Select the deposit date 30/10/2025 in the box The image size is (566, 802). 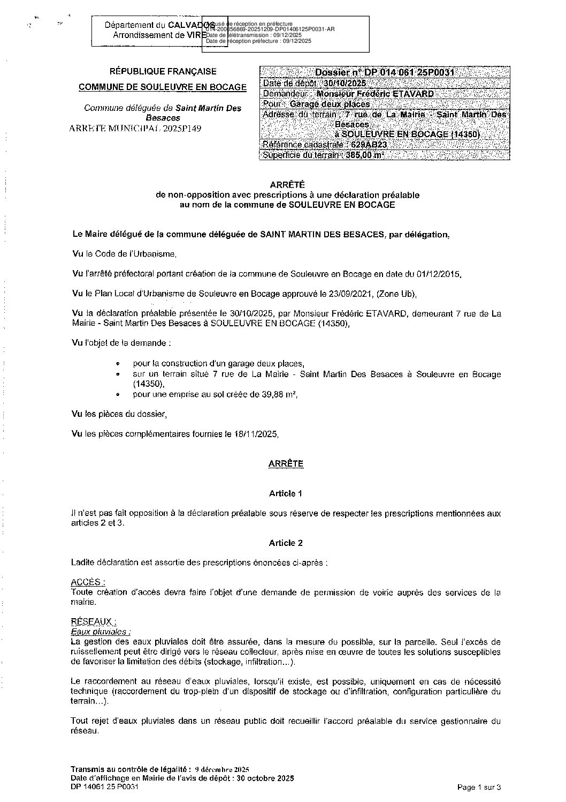(345, 83)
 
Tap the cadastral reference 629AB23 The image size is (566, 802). (369, 145)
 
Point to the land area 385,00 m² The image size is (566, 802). (365, 155)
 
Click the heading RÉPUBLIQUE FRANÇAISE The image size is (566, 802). (163, 71)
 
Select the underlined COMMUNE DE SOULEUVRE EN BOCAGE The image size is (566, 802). (163, 87)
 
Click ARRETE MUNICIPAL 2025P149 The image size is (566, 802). (135, 129)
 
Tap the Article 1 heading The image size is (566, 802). (286, 493)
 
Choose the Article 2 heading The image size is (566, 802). (286, 543)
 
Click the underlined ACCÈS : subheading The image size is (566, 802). (88, 582)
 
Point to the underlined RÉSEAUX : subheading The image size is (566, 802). (93, 621)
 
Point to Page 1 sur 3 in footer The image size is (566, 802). (479, 787)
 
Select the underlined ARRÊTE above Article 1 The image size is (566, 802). (286, 464)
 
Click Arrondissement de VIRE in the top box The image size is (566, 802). (158, 35)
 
